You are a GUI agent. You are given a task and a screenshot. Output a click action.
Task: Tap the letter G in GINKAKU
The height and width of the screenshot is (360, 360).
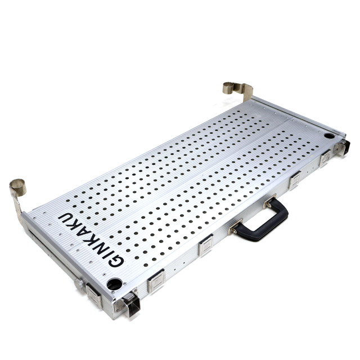[x=116, y=260]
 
